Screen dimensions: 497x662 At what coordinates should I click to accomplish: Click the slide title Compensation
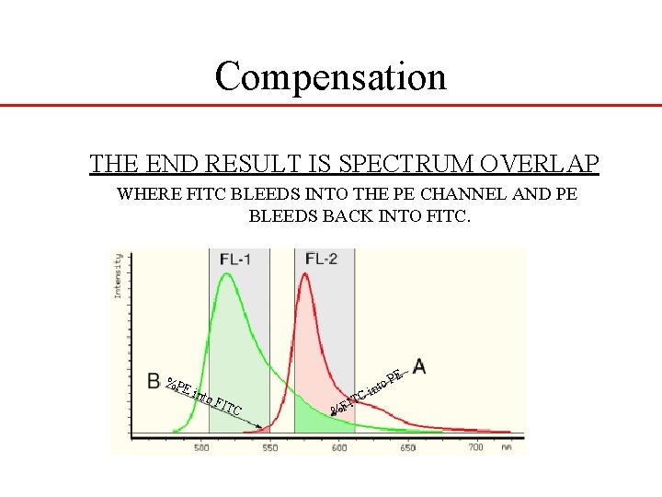[x=330, y=76]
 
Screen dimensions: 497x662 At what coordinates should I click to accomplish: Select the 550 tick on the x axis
[x=269, y=447]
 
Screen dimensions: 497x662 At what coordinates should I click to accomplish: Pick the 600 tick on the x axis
[x=338, y=447]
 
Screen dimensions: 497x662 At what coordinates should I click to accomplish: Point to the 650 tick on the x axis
[x=405, y=447]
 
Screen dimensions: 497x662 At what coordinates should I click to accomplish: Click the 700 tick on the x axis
[x=474, y=447]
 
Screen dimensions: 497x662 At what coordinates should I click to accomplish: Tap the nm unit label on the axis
[x=507, y=447]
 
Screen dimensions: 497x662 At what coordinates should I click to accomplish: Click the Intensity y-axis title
[x=118, y=276]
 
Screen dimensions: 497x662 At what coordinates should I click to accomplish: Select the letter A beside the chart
[x=419, y=366]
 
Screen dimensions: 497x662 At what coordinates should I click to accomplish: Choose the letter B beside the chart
[x=154, y=379]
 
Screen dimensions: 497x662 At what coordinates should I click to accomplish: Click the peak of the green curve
[x=222, y=275]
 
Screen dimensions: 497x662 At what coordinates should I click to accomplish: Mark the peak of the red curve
[x=306, y=276]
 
